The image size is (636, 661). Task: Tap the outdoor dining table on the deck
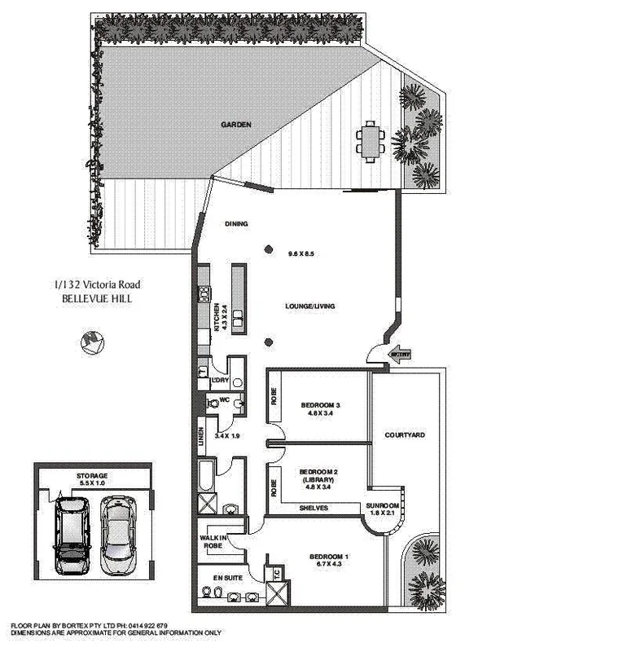coord(371,141)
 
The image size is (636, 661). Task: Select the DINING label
coord(236,224)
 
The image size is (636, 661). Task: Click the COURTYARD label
coord(405,436)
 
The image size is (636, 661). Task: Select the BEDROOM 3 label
coord(320,405)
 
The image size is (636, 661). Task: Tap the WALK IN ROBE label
coord(212,542)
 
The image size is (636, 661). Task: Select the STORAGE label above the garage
coord(92,475)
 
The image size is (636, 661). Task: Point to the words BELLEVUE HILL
coord(96,299)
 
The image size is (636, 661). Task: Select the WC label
coord(225,399)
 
